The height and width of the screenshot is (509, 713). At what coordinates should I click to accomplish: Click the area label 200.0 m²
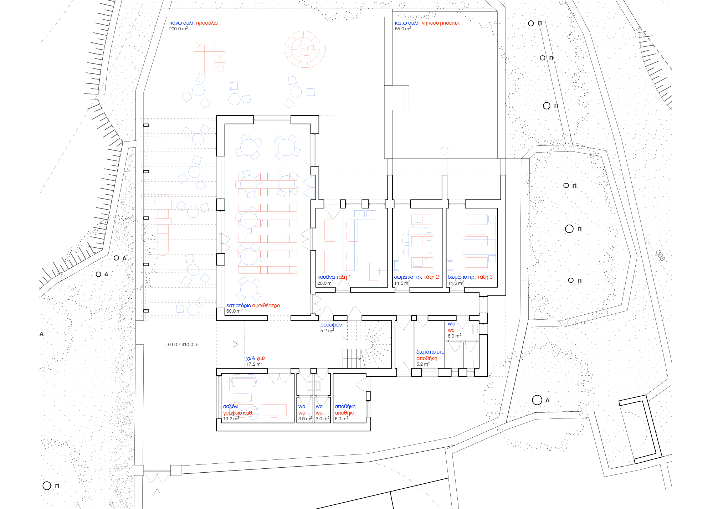(178, 29)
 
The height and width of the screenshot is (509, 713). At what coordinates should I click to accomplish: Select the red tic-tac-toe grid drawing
(210, 57)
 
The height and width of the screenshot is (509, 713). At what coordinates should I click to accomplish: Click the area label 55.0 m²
(402, 29)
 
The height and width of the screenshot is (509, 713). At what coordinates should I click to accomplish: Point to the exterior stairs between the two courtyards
(396, 98)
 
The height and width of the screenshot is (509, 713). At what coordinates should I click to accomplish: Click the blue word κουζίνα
(326, 277)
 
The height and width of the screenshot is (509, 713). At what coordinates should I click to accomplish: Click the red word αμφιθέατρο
(266, 305)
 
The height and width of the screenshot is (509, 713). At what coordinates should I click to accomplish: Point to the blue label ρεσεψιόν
(331, 325)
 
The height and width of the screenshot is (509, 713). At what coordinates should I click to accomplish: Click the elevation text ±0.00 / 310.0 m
(182, 345)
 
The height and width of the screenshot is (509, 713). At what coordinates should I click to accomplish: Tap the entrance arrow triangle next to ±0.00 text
(235, 344)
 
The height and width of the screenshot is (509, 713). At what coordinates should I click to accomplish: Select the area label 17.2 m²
(254, 364)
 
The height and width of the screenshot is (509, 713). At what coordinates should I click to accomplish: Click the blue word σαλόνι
(231, 406)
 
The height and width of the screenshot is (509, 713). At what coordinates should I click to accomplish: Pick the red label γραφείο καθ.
(238, 413)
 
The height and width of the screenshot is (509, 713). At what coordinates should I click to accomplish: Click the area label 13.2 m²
(231, 419)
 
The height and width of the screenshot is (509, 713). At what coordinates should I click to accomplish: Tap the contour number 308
(660, 255)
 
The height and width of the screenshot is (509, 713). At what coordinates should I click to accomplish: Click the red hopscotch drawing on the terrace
(163, 225)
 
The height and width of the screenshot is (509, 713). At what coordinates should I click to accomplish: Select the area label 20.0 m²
(325, 283)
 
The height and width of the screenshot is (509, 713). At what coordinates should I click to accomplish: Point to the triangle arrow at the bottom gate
(157, 492)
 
